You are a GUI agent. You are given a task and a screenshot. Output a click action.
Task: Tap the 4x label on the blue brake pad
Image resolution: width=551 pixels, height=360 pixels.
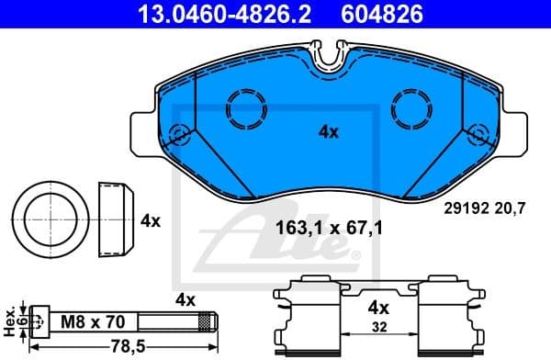pos(329,131)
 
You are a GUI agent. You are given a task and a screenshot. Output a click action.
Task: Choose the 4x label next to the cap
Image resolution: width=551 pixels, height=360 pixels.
pos(151,221)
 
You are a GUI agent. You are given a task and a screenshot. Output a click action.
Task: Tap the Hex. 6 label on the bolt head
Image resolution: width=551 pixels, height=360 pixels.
pos(10,321)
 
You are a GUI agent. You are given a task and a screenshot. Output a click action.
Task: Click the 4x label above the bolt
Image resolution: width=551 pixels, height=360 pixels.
pos(186,299)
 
